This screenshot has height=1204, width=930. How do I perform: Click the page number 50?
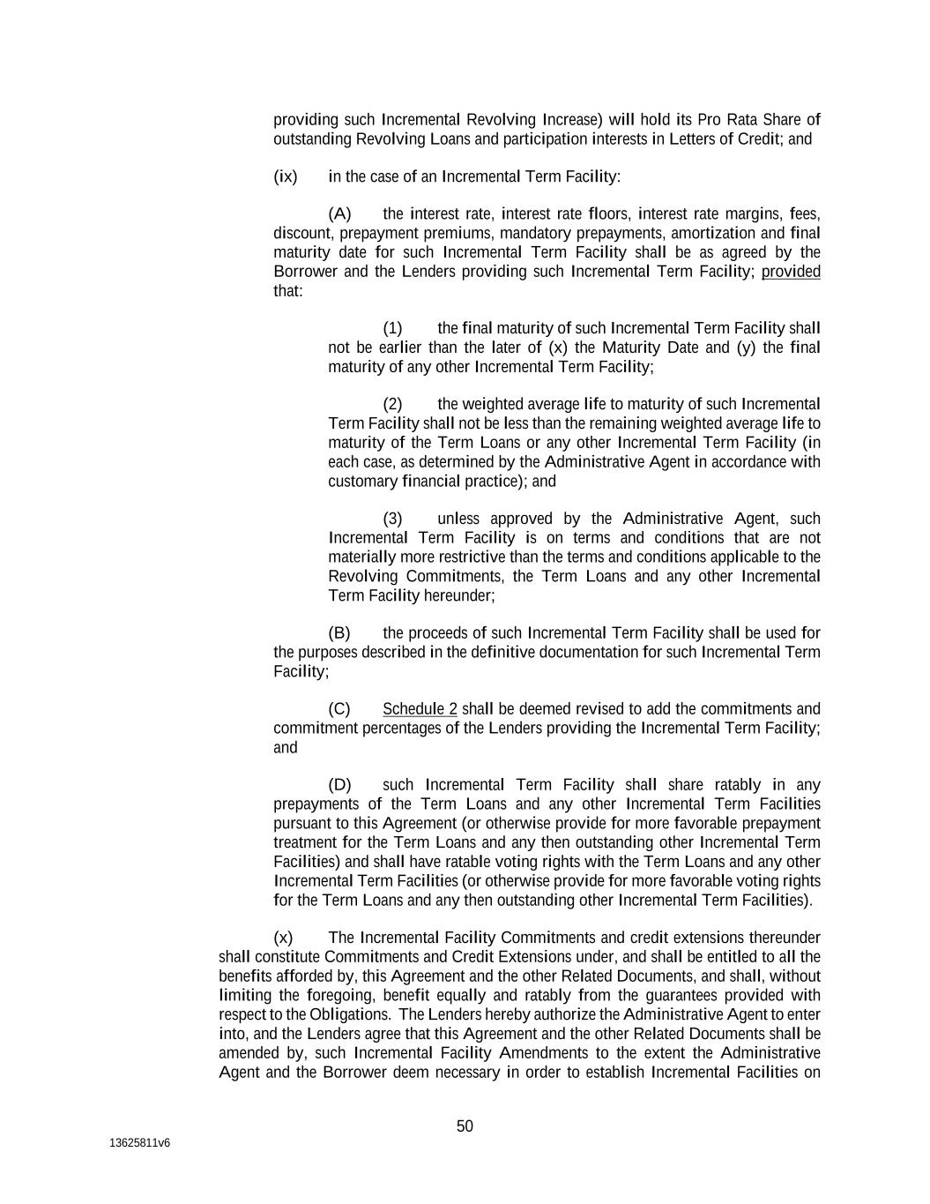click(465, 1126)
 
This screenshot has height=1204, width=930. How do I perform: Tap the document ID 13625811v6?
click(139, 1143)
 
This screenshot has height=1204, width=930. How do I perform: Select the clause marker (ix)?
click(286, 176)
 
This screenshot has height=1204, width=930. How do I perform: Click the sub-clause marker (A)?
click(339, 214)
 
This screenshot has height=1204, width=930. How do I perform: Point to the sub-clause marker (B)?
click(339, 633)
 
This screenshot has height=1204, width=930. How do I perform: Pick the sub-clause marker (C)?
click(339, 709)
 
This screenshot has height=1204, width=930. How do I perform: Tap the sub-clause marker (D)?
click(339, 785)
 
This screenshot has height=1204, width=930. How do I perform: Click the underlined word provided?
click(791, 272)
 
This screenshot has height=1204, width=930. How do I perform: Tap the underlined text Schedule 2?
click(420, 709)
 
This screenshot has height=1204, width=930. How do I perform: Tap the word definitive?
click(502, 653)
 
